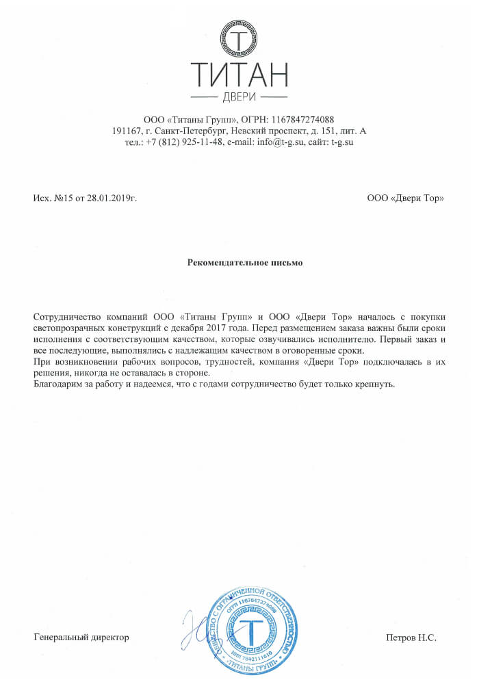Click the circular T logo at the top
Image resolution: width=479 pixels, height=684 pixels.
pyautogui.click(x=239, y=40)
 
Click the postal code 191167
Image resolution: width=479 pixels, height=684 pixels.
pyautogui.click(x=127, y=131)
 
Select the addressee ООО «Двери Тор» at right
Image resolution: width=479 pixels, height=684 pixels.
pyautogui.click(x=405, y=198)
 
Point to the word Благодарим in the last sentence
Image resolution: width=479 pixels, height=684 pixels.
pyautogui.click(x=57, y=384)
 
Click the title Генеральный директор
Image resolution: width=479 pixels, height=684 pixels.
pyautogui.click(x=81, y=637)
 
